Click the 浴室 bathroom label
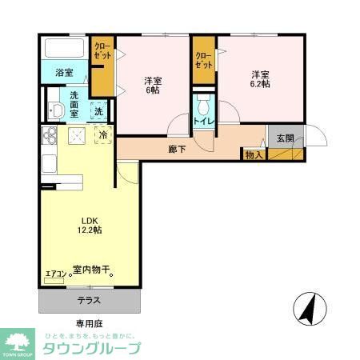pos(64,73)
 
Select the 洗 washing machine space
pos(98,111)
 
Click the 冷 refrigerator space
pos(104,136)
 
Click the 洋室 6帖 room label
pos(153,85)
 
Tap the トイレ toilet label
pos(202,122)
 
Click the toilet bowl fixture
pos(203,103)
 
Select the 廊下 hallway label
pos(177,149)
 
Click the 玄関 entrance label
pos(286,138)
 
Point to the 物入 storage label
pos(254,154)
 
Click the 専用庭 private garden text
pos(90,326)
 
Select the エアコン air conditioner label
pos(54,274)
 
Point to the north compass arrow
pos(306,306)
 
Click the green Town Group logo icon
pos(17,341)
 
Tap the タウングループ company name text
pos(90,348)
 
